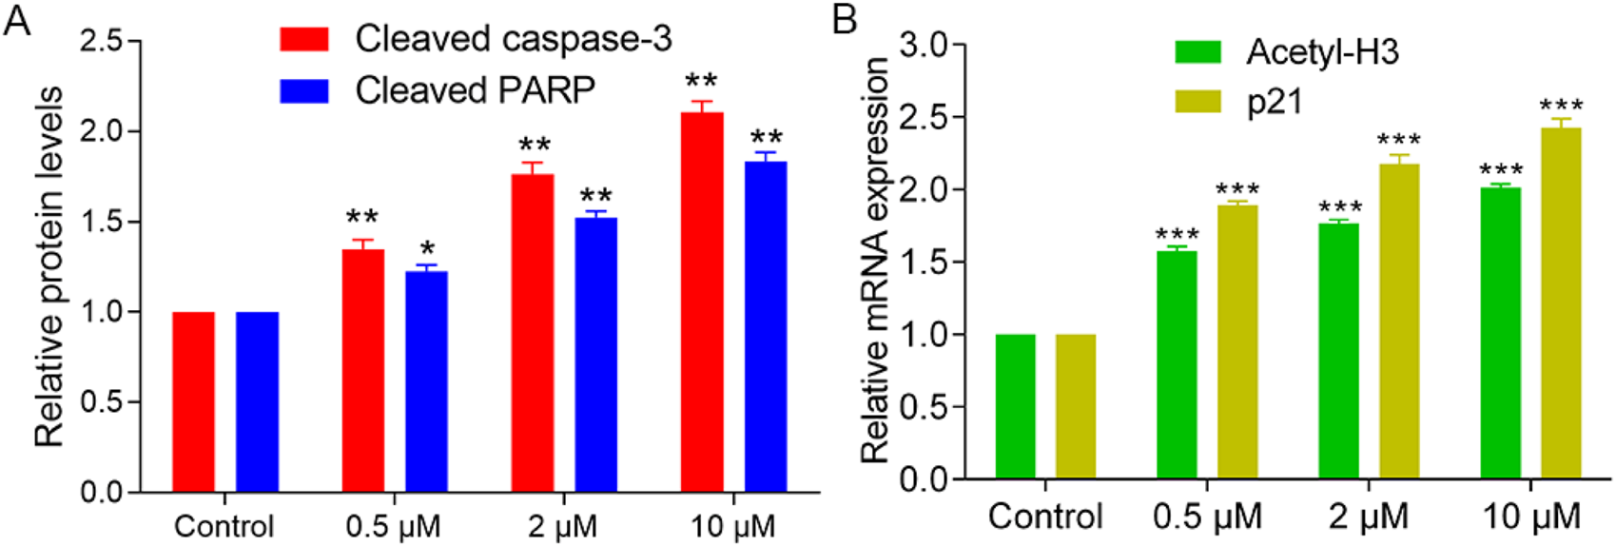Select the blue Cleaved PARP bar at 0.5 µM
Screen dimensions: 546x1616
click(426, 381)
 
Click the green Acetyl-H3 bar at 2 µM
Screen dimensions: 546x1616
click(1338, 351)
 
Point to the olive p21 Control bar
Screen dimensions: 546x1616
click(1076, 406)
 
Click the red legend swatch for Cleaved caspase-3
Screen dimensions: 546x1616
click(304, 39)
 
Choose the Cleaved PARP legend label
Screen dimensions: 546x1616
click(475, 90)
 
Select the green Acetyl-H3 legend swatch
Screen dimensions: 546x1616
click(1197, 51)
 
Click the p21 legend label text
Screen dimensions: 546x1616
click(1274, 102)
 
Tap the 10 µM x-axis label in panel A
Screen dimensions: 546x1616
click(732, 525)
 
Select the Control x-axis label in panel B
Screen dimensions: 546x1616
click(1044, 517)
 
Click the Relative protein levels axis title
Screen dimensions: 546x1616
click(49, 266)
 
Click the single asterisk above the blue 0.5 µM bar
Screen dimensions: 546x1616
click(426, 252)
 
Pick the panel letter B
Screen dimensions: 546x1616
click(845, 19)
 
